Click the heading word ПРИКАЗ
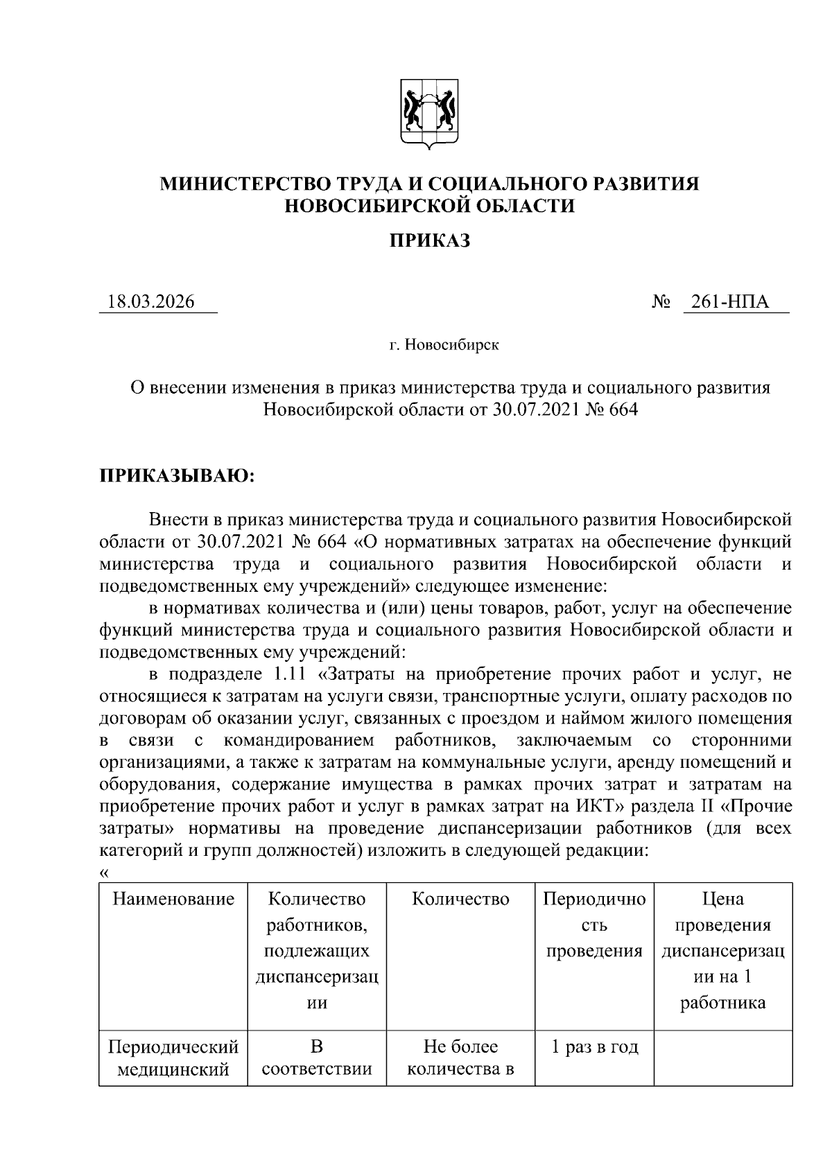(x=429, y=240)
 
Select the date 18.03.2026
(x=150, y=302)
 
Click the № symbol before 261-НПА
(x=661, y=303)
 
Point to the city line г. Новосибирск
(x=443, y=344)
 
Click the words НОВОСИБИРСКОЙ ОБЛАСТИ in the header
(x=429, y=206)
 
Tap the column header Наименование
(x=173, y=899)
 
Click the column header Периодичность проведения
(x=594, y=925)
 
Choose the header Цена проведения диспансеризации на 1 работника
(x=722, y=951)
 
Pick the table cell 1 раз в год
(x=594, y=1047)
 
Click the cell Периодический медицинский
(x=173, y=1058)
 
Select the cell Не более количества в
(x=460, y=1058)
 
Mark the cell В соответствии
(x=317, y=1058)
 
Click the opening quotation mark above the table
(x=104, y=872)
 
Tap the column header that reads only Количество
(x=460, y=899)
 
